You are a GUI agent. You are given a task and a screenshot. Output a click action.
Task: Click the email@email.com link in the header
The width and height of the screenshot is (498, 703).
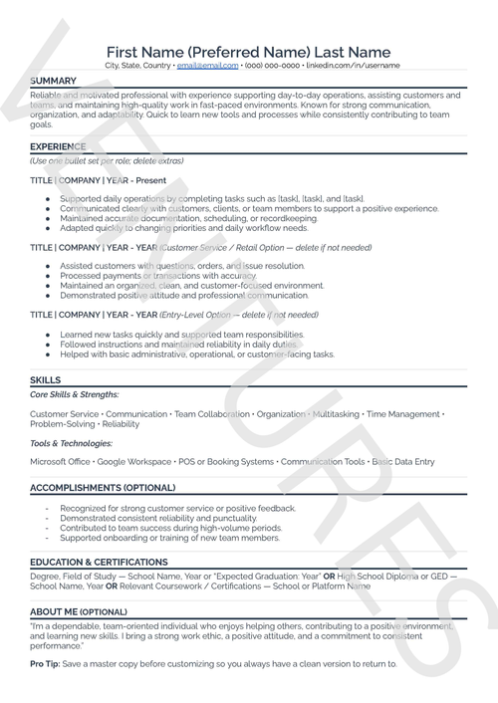coord(208,66)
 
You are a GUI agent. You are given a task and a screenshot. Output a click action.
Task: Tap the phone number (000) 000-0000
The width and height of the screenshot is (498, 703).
coord(272,66)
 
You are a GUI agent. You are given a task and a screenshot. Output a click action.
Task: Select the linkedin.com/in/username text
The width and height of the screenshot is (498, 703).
coord(353,66)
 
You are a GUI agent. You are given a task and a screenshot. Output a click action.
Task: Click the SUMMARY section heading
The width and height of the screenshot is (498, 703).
coord(54,80)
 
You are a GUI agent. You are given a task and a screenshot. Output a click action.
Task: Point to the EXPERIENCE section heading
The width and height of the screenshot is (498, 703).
coord(58,145)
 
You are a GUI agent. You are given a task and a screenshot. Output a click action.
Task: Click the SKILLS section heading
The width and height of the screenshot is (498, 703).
coord(46,379)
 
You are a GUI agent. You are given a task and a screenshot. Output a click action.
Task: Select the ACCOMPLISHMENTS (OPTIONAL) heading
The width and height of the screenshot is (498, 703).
coord(103,487)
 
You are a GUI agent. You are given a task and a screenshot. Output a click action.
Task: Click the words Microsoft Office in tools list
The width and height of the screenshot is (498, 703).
coord(61,462)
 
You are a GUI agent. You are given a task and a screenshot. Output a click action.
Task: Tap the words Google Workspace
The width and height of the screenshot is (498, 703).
coord(135,462)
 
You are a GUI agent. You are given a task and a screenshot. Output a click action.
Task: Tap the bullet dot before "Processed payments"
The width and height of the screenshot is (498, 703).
coord(48,276)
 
